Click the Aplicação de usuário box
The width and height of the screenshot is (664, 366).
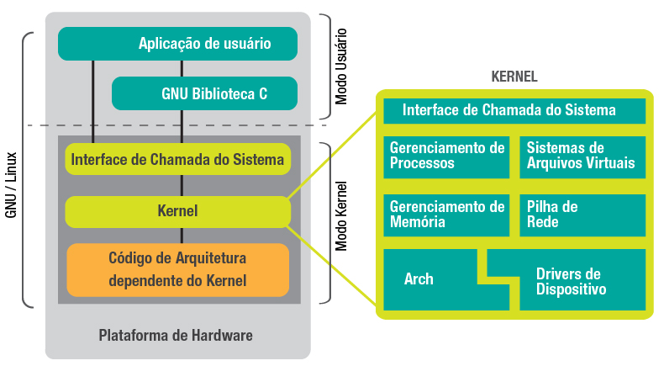coord(177,44)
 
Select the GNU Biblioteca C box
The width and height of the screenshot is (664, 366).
coord(204,93)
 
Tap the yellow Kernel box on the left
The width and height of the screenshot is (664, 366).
coord(177,211)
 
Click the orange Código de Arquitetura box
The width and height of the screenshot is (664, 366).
coord(177,269)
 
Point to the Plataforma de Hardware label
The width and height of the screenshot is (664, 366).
coord(176,336)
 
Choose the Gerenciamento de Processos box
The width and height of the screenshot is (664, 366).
coord(446,156)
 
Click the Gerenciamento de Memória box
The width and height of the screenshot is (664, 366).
coord(446,215)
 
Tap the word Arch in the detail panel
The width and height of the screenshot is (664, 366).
coord(419,278)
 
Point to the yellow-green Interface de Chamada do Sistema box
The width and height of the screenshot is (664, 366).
coord(177,158)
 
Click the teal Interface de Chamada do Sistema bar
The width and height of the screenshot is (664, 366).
coord(514,110)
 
